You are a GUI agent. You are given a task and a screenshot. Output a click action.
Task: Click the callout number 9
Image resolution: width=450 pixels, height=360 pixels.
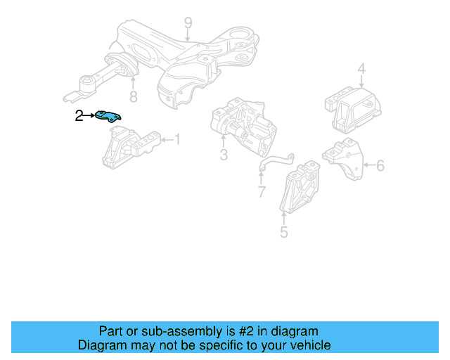pos(188,24)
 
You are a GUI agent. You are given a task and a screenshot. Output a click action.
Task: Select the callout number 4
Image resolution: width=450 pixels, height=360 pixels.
pos(361,69)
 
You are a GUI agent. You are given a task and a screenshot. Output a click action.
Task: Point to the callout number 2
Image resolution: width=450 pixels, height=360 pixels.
pos(79,116)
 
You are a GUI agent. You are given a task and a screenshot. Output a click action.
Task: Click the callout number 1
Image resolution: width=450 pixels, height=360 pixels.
pos(176,140)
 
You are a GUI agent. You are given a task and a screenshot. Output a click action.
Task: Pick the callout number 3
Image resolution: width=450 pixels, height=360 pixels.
pos(223,155)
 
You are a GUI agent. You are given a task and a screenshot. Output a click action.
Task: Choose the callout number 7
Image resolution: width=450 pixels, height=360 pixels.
pos(261,192)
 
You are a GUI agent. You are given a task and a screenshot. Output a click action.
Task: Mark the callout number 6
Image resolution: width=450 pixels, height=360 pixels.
pos(380,166)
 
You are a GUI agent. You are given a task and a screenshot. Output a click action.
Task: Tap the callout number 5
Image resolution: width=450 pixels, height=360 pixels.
pos(283,231)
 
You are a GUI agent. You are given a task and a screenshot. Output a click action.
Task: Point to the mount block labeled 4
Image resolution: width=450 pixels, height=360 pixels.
pos(352,108)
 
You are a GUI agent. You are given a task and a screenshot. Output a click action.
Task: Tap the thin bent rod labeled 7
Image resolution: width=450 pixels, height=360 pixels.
pos(274,161)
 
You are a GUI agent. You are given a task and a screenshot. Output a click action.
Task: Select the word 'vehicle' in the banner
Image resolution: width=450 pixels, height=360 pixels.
pos(307,345)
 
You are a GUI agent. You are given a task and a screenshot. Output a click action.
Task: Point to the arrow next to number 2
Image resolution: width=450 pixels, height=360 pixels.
pos(89,116)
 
